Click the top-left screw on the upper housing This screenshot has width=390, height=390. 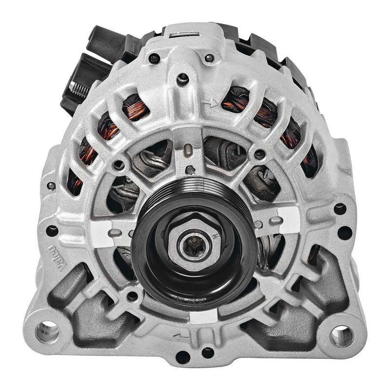[155, 59]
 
